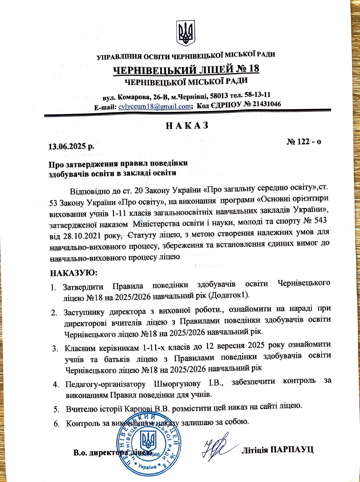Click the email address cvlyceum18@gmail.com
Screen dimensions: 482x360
(154, 106)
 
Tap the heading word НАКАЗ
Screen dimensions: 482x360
(187, 125)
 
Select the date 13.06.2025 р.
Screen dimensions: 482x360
(70, 146)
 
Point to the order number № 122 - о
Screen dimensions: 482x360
(304, 141)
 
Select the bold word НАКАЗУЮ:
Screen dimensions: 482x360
(74, 273)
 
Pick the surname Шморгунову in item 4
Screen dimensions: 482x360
(177, 384)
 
